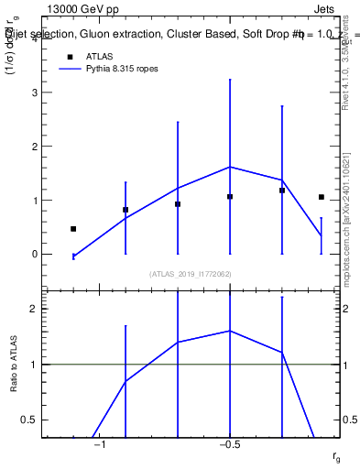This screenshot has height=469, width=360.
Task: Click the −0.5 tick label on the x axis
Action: pos(229,445)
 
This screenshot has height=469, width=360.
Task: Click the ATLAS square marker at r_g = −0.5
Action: pos(230,196)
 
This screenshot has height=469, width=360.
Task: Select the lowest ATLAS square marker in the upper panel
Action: pos(73,229)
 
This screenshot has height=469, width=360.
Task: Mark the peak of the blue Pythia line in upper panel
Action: pos(230,167)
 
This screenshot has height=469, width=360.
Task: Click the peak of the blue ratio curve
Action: pos(230,331)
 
